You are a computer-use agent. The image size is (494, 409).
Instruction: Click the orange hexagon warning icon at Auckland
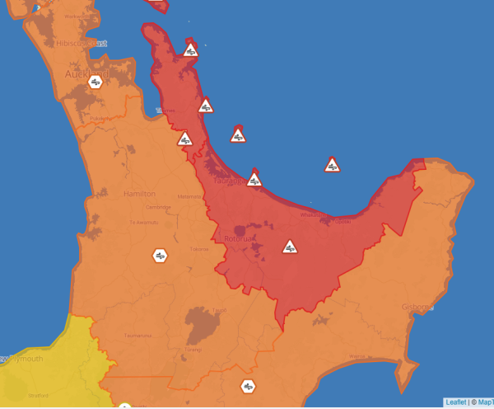96,82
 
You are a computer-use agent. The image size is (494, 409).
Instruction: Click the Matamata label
189,196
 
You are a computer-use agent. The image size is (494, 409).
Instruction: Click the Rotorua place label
238,239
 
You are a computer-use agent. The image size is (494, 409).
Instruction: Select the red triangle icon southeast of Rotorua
290,247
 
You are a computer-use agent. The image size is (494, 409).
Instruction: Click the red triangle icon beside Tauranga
254,178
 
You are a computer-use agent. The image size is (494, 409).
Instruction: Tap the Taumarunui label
136,336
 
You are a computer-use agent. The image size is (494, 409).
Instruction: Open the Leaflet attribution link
455,402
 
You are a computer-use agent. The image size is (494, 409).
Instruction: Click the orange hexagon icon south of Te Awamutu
161,256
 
